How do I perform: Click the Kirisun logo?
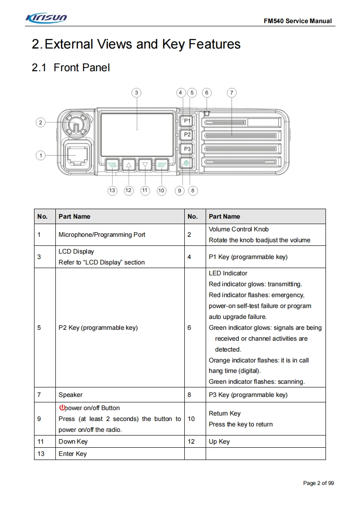(x=47, y=19)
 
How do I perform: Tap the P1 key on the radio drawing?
(x=187, y=121)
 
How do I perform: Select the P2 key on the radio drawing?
(x=187, y=135)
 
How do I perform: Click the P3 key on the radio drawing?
(x=187, y=149)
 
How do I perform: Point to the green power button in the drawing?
(x=187, y=164)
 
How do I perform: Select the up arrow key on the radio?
(x=129, y=165)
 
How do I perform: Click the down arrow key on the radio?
(x=145, y=165)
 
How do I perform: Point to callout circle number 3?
(x=136, y=93)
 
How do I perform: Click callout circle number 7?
(x=232, y=93)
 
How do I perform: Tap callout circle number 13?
(x=112, y=191)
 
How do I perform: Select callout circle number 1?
(x=41, y=156)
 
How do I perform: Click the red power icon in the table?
(x=62, y=408)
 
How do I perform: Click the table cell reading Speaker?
(x=71, y=395)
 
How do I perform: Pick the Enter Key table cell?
(x=73, y=454)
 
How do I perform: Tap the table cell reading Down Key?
(x=73, y=441)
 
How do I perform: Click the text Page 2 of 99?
(x=318, y=483)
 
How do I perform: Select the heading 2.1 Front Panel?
(x=71, y=68)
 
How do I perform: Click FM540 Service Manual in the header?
(x=297, y=21)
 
